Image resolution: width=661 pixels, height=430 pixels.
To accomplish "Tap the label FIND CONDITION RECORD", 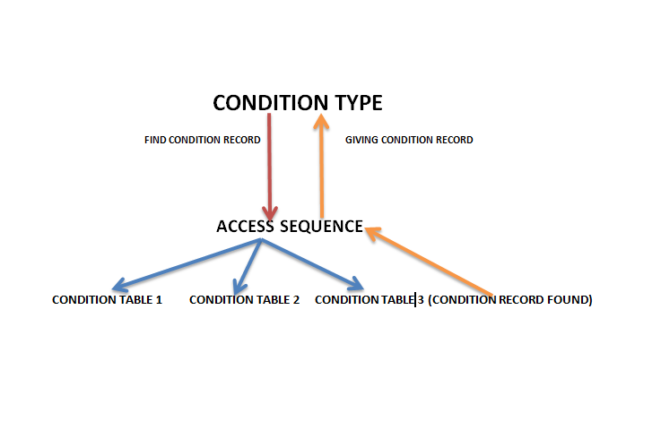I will click(x=203, y=140).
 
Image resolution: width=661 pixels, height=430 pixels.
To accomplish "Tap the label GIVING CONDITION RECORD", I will click(x=409, y=140).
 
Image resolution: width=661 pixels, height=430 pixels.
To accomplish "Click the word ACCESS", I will click(x=244, y=227).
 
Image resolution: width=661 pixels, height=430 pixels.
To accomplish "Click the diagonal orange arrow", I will click(x=431, y=261).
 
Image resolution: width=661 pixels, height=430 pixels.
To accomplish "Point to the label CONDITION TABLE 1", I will click(x=107, y=300).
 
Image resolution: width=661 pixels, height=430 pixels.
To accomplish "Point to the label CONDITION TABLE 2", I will click(x=244, y=300).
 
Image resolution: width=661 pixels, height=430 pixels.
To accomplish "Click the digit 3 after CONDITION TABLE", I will click(x=420, y=300).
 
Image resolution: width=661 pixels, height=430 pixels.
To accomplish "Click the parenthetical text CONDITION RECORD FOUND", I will click(x=509, y=300).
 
